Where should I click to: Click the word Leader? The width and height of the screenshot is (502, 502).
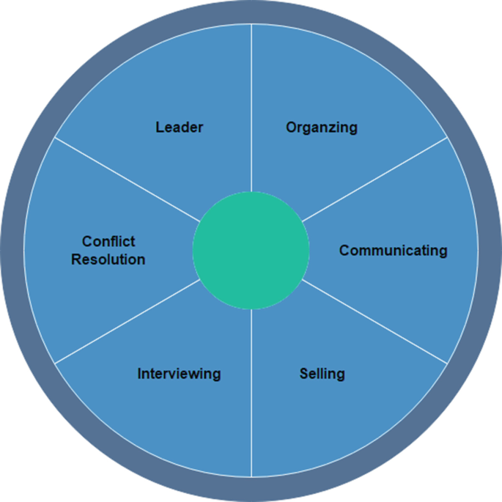coord(179,128)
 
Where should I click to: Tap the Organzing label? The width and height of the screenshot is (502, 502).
coord(322,128)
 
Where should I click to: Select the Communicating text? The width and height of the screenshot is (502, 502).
coord(393,251)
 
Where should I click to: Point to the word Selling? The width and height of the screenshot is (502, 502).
coord(322,374)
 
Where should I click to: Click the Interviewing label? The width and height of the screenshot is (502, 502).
coord(179,374)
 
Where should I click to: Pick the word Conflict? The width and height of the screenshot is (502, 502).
coord(108,241)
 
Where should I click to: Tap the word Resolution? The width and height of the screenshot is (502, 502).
coord(108,259)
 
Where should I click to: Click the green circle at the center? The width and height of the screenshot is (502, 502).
coord(251,251)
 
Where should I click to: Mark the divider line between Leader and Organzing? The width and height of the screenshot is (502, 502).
coord(251,110)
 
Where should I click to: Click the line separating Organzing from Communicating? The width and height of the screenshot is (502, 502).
coord(374,180)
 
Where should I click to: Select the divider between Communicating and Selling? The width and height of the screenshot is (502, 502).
coord(374,322)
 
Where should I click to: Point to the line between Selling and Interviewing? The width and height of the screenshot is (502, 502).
coord(251,392)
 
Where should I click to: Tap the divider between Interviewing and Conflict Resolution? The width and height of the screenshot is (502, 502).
coord(128,322)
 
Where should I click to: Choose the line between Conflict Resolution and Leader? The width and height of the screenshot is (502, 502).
coord(128,180)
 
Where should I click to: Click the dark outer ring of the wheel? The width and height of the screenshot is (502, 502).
coord(251,12)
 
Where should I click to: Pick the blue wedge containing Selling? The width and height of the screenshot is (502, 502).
coord(308,418)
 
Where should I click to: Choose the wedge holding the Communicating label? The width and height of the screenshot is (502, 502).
coord(410,293)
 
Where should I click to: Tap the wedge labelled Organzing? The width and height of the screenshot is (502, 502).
coord(308,81)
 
